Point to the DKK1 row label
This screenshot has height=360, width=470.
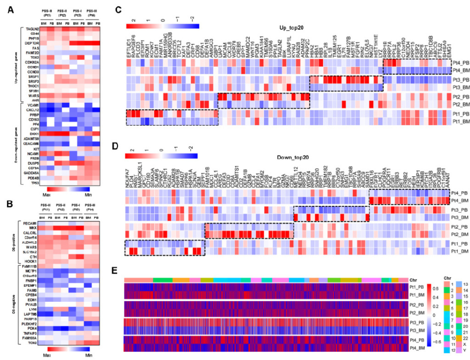(33, 133)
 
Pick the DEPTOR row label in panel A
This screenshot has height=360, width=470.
(31, 44)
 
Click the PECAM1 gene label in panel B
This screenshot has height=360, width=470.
(31, 223)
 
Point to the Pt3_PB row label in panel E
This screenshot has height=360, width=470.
(417, 321)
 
